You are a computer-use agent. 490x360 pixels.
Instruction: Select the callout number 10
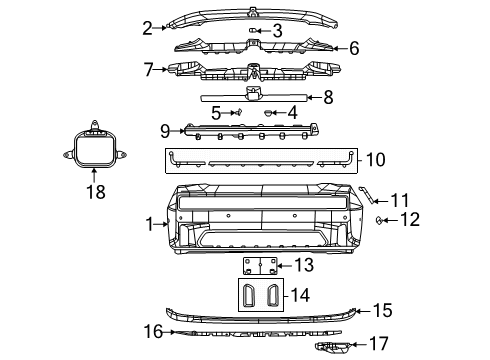(x=375, y=158)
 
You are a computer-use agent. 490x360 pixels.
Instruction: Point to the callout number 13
(x=304, y=265)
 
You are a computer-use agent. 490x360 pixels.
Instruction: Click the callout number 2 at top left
(x=148, y=27)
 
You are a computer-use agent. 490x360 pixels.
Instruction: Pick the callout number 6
(x=353, y=47)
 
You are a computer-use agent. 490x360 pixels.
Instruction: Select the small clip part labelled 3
(x=254, y=30)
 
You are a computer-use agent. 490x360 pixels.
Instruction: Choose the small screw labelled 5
(x=235, y=113)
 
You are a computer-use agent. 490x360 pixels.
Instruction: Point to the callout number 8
(x=328, y=97)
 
